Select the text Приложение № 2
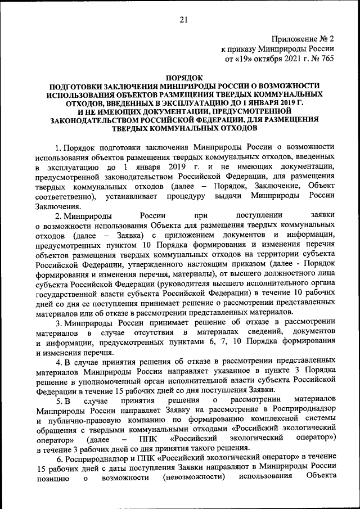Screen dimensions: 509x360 point(303,39)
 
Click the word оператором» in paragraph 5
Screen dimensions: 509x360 point(58,438)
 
